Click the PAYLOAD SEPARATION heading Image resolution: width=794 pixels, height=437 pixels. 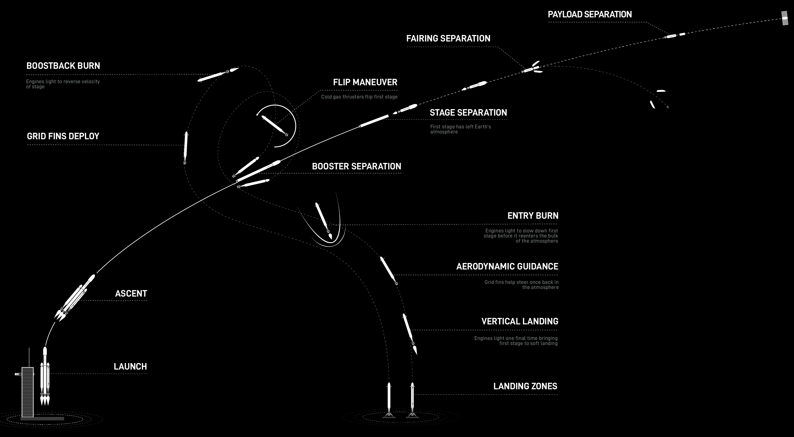click(590, 14)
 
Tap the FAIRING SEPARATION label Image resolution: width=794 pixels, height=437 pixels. click(448, 38)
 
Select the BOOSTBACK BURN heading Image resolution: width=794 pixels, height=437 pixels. click(63, 66)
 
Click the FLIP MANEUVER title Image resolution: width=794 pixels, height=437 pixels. click(365, 82)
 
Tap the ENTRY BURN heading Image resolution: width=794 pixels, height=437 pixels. click(533, 215)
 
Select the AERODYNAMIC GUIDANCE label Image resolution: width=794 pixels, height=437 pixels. click(507, 266)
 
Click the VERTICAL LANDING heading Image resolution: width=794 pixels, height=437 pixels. click(520, 321)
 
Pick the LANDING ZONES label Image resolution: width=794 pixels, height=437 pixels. click(525, 386)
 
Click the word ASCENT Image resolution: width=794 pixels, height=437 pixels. click(131, 294)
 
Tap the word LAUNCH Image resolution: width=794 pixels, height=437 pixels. click(130, 366)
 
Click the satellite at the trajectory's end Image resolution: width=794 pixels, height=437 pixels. click(785, 18)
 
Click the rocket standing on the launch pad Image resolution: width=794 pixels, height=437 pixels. click(45, 376)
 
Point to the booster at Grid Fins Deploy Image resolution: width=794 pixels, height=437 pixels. click(186, 148)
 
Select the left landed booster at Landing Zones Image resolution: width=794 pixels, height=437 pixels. click(389, 400)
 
